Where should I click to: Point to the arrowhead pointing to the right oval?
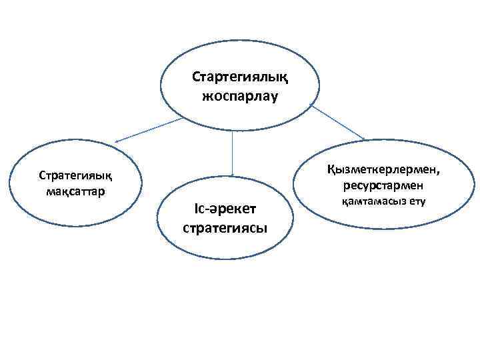click(x=363, y=139)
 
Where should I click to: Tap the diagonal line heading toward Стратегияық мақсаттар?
click(x=150, y=130)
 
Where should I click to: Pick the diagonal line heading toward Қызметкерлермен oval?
click(x=337, y=122)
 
